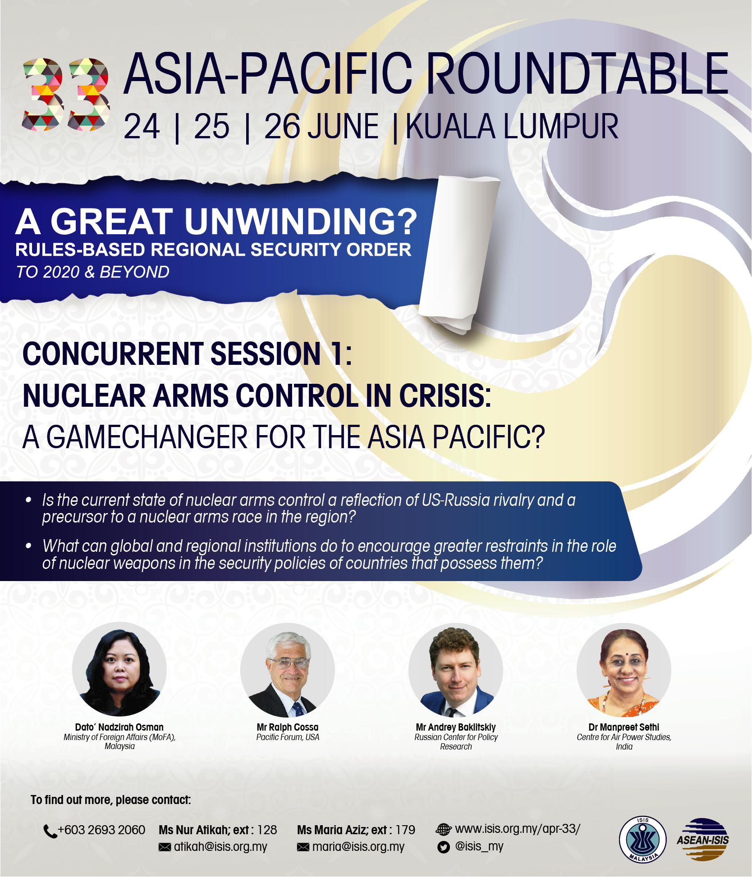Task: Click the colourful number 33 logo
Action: [66, 94]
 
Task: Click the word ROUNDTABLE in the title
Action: [577, 73]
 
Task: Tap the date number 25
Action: [211, 127]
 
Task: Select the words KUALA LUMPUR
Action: [512, 127]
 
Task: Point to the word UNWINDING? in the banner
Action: [301, 221]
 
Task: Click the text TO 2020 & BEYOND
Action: [93, 272]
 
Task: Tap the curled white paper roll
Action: [460, 254]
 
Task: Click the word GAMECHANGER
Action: [147, 437]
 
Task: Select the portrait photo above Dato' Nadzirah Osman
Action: [119, 669]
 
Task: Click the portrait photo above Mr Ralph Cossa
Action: [288, 670]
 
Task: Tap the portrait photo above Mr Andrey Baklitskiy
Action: [456, 670]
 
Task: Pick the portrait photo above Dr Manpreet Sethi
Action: [624, 670]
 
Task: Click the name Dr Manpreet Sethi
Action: [624, 727]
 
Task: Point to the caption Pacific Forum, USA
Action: [288, 737]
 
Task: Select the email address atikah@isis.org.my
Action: [220, 847]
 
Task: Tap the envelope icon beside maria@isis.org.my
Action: [303, 847]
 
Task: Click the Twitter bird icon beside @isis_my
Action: [444, 847]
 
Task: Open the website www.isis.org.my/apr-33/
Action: [518, 829]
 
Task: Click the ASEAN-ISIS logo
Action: [703, 839]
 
